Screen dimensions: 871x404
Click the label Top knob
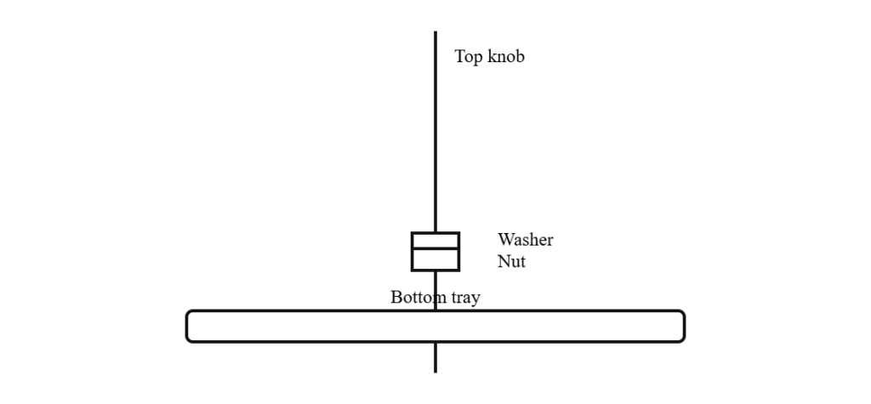[489, 57]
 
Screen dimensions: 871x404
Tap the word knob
[506, 56]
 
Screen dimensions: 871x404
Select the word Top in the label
[469, 57]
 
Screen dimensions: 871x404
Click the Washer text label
[526, 240]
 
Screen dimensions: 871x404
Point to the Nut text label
[511, 261]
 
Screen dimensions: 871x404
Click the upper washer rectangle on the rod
[435, 240]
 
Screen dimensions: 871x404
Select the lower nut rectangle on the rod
[435, 259]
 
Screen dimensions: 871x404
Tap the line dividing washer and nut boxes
[435, 248]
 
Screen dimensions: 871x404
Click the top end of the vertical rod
[435, 31]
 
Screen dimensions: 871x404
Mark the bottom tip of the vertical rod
[435, 372]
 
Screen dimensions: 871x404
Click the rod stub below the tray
[435, 357]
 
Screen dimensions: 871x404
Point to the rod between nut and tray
[435, 291]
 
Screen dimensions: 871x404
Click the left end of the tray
[186, 327]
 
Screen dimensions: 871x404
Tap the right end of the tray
[685, 327]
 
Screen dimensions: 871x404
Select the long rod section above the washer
[435, 132]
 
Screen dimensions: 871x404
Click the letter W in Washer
[505, 240]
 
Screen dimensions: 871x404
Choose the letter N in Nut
[504, 261]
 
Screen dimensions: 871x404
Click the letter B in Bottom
[396, 298]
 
